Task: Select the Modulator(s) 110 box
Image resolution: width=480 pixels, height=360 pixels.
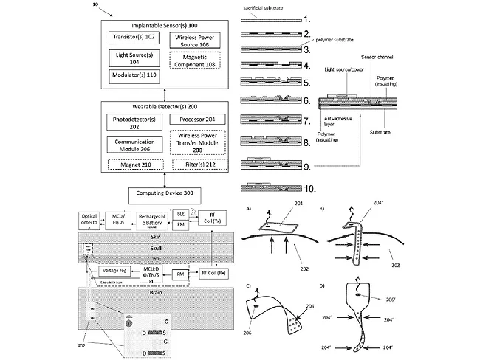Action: tap(128, 75)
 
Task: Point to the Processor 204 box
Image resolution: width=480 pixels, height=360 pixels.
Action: tap(196, 119)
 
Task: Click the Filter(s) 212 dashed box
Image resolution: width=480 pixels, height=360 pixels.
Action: tap(196, 163)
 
